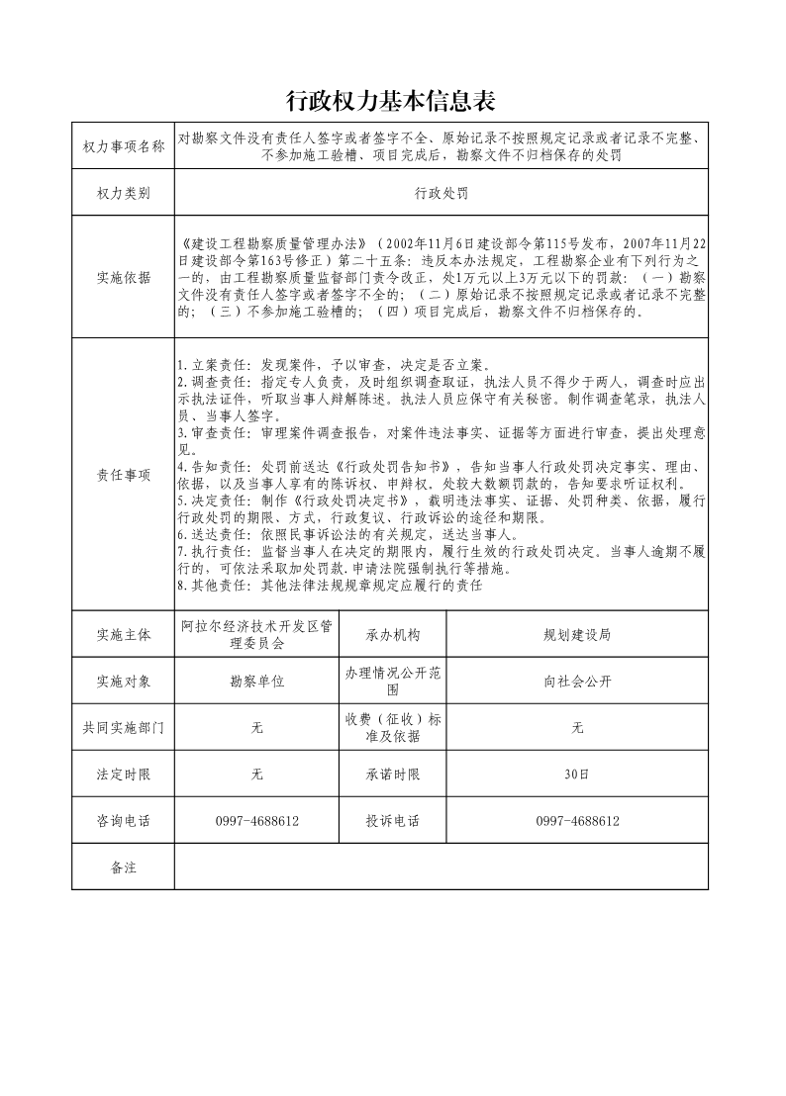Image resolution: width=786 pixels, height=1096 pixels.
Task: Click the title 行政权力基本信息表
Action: pyautogui.click(x=390, y=101)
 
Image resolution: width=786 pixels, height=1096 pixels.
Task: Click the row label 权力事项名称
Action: pyautogui.click(x=124, y=146)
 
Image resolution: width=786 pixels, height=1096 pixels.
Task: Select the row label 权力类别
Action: pyautogui.click(x=124, y=194)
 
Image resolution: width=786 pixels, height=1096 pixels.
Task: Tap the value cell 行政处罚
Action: pyautogui.click(x=442, y=194)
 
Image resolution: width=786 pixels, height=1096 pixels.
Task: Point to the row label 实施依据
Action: pyautogui.click(x=124, y=278)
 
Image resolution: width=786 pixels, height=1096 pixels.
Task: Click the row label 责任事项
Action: pyautogui.click(x=124, y=475)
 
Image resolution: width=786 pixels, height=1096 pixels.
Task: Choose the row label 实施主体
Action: pyautogui.click(x=124, y=635)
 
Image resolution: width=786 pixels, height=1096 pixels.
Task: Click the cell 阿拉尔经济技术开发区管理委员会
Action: pyautogui.click(x=256, y=635)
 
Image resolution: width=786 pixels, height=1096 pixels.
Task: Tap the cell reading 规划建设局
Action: pyautogui.click(x=577, y=635)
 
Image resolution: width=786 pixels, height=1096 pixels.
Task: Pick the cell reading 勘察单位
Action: pyautogui.click(x=256, y=682)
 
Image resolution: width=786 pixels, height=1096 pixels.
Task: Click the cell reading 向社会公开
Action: pyautogui.click(x=577, y=682)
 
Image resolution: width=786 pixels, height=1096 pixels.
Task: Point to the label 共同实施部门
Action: pyautogui.click(x=124, y=728)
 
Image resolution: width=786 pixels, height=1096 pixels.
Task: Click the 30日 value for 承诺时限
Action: pyautogui.click(x=577, y=775)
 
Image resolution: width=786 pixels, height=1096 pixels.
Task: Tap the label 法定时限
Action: pyautogui.click(x=124, y=775)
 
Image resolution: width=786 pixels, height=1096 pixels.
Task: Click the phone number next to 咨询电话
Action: pyautogui.click(x=256, y=821)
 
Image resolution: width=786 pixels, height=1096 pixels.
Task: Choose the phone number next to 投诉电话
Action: pyautogui.click(x=577, y=821)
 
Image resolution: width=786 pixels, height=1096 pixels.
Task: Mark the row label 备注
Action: pyautogui.click(x=124, y=868)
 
